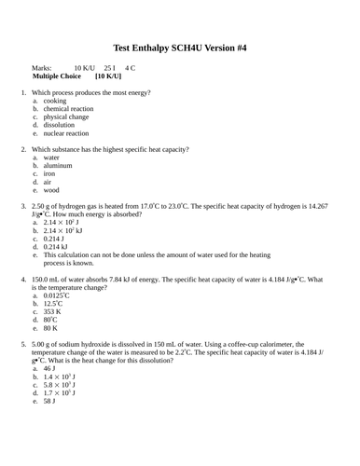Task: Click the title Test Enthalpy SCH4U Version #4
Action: pyautogui.click(x=179, y=46)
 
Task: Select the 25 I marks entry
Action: pyautogui.click(x=110, y=67)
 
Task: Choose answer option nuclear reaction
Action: pyautogui.click(x=65, y=133)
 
